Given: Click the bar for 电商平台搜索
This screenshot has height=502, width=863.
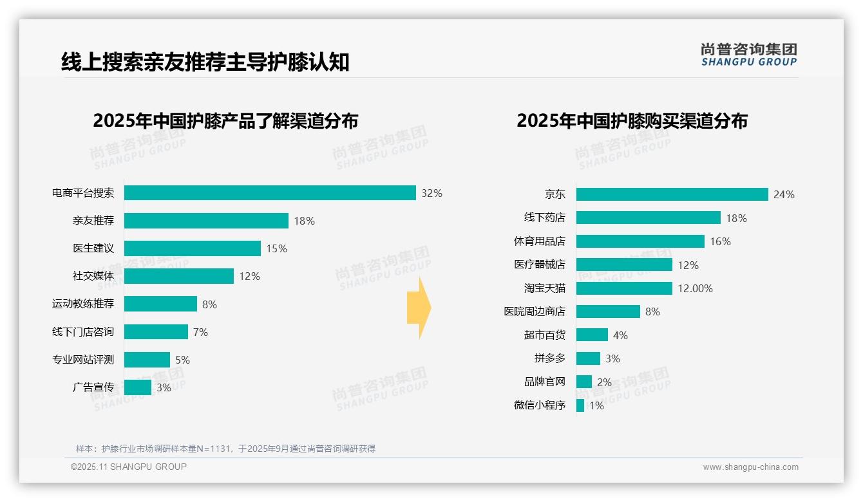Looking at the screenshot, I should (270, 193).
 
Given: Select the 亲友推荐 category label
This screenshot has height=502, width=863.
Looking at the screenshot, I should (93, 221).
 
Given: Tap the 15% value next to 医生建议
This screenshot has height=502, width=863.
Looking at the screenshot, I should (277, 248).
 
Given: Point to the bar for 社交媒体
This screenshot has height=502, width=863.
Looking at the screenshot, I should (179, 276).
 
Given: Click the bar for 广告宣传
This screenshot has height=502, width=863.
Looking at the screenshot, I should (138, 387).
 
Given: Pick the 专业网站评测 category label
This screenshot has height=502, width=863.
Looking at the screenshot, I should (83, 360).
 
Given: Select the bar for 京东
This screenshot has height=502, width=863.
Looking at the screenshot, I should (672, 194).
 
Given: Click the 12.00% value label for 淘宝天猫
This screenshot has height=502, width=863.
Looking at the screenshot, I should (695, 288).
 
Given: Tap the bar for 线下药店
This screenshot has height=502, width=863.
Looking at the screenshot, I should (648, 218).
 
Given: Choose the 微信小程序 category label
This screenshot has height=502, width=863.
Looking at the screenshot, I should (539, 405).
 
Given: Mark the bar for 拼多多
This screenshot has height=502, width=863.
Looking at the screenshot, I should (588, 358).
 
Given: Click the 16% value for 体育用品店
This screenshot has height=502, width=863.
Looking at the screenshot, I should (720, 241).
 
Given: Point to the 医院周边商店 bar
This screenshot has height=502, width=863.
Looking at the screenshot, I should (608, 311).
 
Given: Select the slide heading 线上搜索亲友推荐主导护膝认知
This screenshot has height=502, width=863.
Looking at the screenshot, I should (205, 62).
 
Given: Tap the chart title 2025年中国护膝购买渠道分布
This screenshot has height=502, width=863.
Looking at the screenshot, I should (632, 121).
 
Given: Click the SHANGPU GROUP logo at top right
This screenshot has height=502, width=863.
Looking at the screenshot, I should (748, 55).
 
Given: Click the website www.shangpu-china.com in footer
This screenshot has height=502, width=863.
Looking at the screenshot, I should (750, 467).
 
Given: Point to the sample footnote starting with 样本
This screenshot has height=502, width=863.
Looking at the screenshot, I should (225, 449).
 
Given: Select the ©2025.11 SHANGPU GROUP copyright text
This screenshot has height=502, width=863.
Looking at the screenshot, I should (129, 467).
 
